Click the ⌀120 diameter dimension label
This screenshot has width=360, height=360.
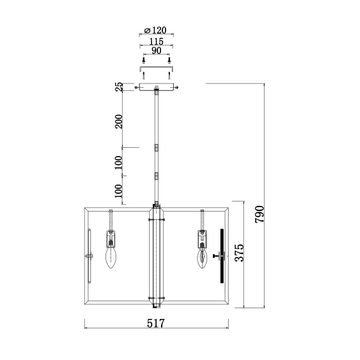click(155, 30)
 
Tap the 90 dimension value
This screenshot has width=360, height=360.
click(156, 50)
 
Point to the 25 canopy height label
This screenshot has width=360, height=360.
click(118, 87)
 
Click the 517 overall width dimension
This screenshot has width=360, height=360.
click(156, 323)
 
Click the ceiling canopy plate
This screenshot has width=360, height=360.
click(156, 87)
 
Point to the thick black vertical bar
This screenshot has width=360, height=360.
click(221, 256)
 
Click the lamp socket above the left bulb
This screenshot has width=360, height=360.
click(112, 238)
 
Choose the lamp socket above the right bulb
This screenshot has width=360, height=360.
click(202, 238)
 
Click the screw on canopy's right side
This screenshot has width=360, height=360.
click(178, 87)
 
